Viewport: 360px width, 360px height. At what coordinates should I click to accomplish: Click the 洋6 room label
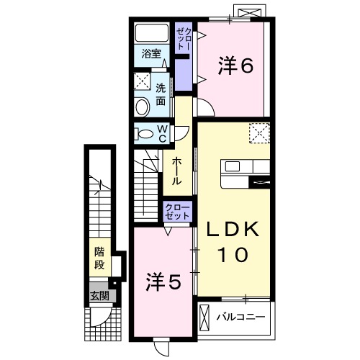[235, 66]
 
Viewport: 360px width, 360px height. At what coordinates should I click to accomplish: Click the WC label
[163, 133]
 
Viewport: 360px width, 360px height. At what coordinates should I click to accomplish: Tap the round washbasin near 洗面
[143, 107]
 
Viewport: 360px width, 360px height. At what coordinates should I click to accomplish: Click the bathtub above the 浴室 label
[153, 33]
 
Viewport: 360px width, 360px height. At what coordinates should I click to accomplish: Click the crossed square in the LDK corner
[258, 134]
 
